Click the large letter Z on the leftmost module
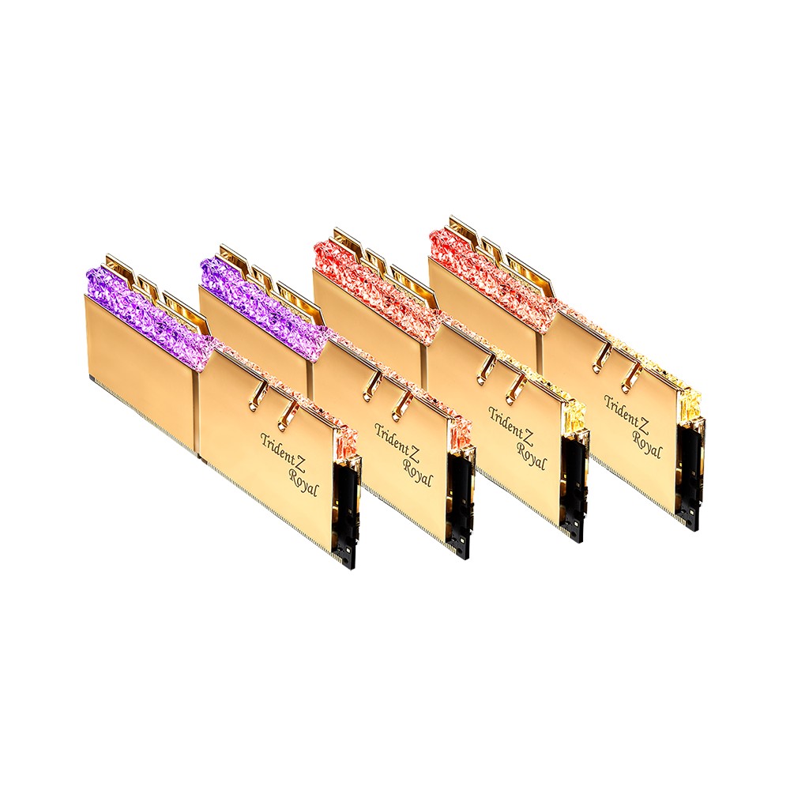pyautogui.click(x=301, y=454)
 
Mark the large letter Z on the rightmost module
pyautogui.click(x=643, y=416)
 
